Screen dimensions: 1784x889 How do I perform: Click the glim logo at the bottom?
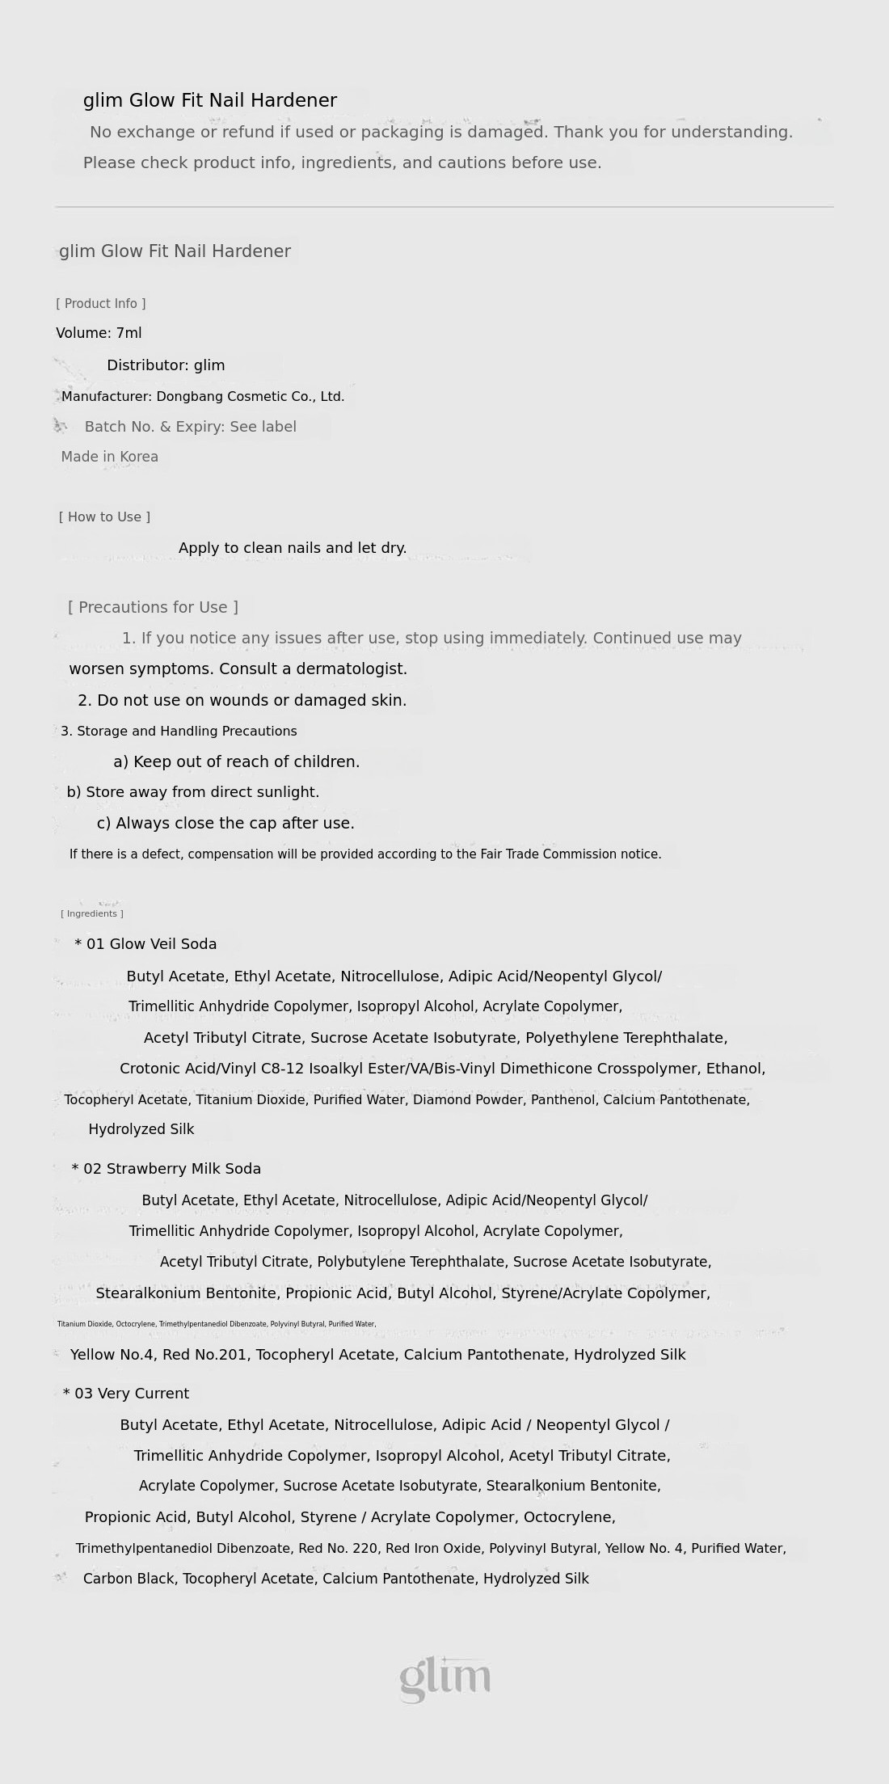(x=444, y=1679)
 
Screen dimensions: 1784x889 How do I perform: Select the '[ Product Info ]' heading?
(x=101, y=304)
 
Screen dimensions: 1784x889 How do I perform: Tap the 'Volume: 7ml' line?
(x=99, y=333)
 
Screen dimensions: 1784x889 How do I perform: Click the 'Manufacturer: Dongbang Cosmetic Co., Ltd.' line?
(x=203, y=397)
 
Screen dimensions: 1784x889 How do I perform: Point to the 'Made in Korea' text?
(x=110, y=457)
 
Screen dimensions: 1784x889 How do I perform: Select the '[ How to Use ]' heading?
(x=104, y=517)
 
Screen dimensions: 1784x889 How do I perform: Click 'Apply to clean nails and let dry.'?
(x=293, y=548)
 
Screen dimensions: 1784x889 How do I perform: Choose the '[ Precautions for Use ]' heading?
(x=153, y=607)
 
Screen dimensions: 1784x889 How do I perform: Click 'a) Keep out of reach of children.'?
(x=237, y=762)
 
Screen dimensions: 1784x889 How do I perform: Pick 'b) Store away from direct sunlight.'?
(x=193, y=792)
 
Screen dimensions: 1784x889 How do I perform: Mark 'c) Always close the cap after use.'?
(x=225, y=824)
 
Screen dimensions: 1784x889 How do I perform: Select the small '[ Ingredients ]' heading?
(x=92, y=914)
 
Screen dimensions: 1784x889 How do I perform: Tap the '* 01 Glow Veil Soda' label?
(x=145, y=944)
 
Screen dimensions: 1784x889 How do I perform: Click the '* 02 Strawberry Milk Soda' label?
(x=166, y=1169)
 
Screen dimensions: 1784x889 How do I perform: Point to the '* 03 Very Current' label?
(x=126, y=1394)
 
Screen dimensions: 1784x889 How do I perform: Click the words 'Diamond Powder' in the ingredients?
(x=468, y=1100)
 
